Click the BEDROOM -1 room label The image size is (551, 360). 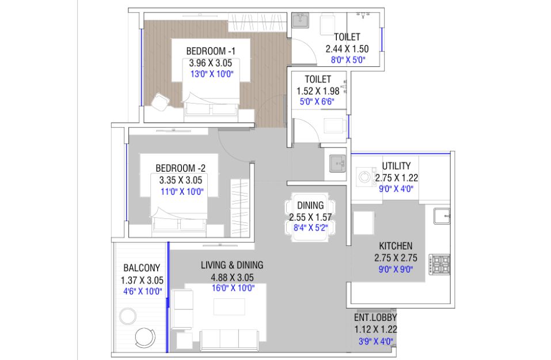point(211,51)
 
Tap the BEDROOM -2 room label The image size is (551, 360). point(181,168)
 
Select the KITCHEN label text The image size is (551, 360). point(396,246)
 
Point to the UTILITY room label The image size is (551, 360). point(396,166)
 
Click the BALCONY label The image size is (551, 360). point(142,268)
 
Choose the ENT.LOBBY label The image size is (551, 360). point(375,317)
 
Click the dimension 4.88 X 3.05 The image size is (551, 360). point(232,278)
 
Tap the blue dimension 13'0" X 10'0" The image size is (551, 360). point(212,74)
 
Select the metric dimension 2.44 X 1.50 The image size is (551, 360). point(347,49)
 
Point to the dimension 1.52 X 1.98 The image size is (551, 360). point(318,91)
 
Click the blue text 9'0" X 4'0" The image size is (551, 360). point(396,189)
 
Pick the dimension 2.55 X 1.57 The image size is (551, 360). point(310,217)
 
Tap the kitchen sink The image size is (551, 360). point(442,216)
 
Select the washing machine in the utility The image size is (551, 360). point(364,177)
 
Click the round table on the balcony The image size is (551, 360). point(128,316)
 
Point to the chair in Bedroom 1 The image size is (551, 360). point(160,102)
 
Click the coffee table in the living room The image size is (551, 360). point(229,307)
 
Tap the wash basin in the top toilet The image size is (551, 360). point(301,20)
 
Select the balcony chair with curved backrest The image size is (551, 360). point(145,338)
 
